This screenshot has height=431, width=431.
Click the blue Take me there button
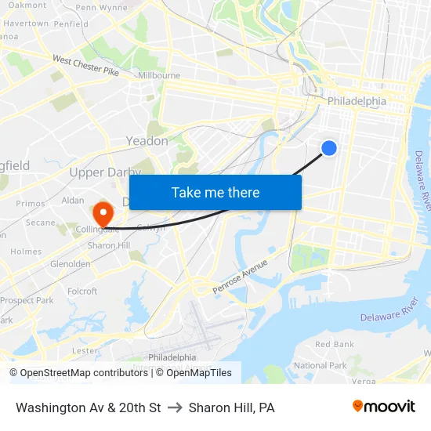point(215,192)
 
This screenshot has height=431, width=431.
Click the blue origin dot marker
point(329,147)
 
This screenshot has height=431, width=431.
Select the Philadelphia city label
point(357,101)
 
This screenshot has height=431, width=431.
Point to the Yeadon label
point(147,141)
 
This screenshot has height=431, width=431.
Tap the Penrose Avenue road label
point(241,277)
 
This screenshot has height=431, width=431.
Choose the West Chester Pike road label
point(85,66)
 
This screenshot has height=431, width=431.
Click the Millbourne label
point(159,76)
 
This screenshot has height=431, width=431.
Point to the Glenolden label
point(70,264)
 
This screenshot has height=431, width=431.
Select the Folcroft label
point(82,292)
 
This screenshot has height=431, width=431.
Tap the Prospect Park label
point(27,300)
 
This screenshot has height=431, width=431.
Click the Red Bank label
point(334,344)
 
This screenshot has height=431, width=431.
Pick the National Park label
point(320,365)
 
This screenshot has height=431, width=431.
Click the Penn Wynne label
point(101,8)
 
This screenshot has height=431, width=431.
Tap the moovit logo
point(383,407)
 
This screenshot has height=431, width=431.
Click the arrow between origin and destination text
point(175,407)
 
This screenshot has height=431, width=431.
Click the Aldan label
point(72,201)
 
